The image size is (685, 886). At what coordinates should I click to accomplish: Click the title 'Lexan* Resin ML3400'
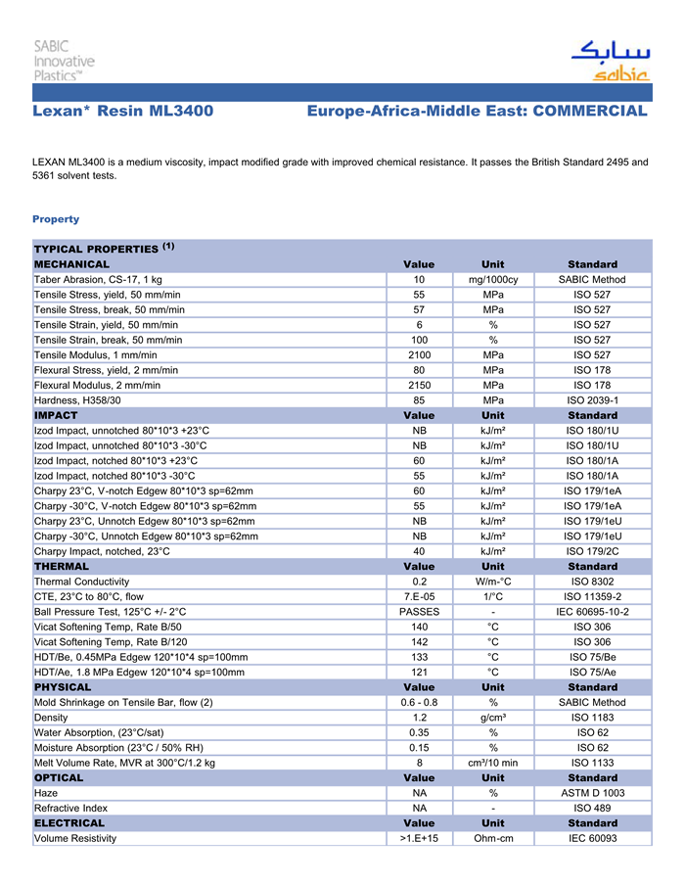coord(122,112)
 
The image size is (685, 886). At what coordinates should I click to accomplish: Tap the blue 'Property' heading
coord(56,219)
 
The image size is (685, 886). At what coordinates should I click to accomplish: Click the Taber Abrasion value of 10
coord(419,280)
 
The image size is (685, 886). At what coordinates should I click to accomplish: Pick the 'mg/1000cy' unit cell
coord(493,280)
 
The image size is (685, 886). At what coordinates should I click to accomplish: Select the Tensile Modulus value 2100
coord(419,354)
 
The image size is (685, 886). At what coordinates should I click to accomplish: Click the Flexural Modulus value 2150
coord(419,385)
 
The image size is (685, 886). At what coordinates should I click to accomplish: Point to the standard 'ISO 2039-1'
coord(592,400)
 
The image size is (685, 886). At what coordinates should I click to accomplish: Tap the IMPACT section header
coord(56,415)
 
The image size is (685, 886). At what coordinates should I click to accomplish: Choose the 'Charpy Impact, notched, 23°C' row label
coord(102,551)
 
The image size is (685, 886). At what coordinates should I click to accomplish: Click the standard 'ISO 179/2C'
coord(592,551)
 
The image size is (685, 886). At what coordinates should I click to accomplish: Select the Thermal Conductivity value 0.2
coord(419,582)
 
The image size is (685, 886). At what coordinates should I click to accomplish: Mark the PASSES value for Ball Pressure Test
coord(419,612)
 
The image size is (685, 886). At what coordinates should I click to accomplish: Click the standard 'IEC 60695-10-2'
coord(592,612)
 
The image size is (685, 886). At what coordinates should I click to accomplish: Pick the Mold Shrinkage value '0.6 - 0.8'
coord(419,702)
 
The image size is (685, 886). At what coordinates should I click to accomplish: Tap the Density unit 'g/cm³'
coord(493,718)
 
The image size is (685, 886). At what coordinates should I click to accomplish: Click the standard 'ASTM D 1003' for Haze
coord(592,793)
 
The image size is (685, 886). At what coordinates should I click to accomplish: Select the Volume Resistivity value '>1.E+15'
coord(419,838)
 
